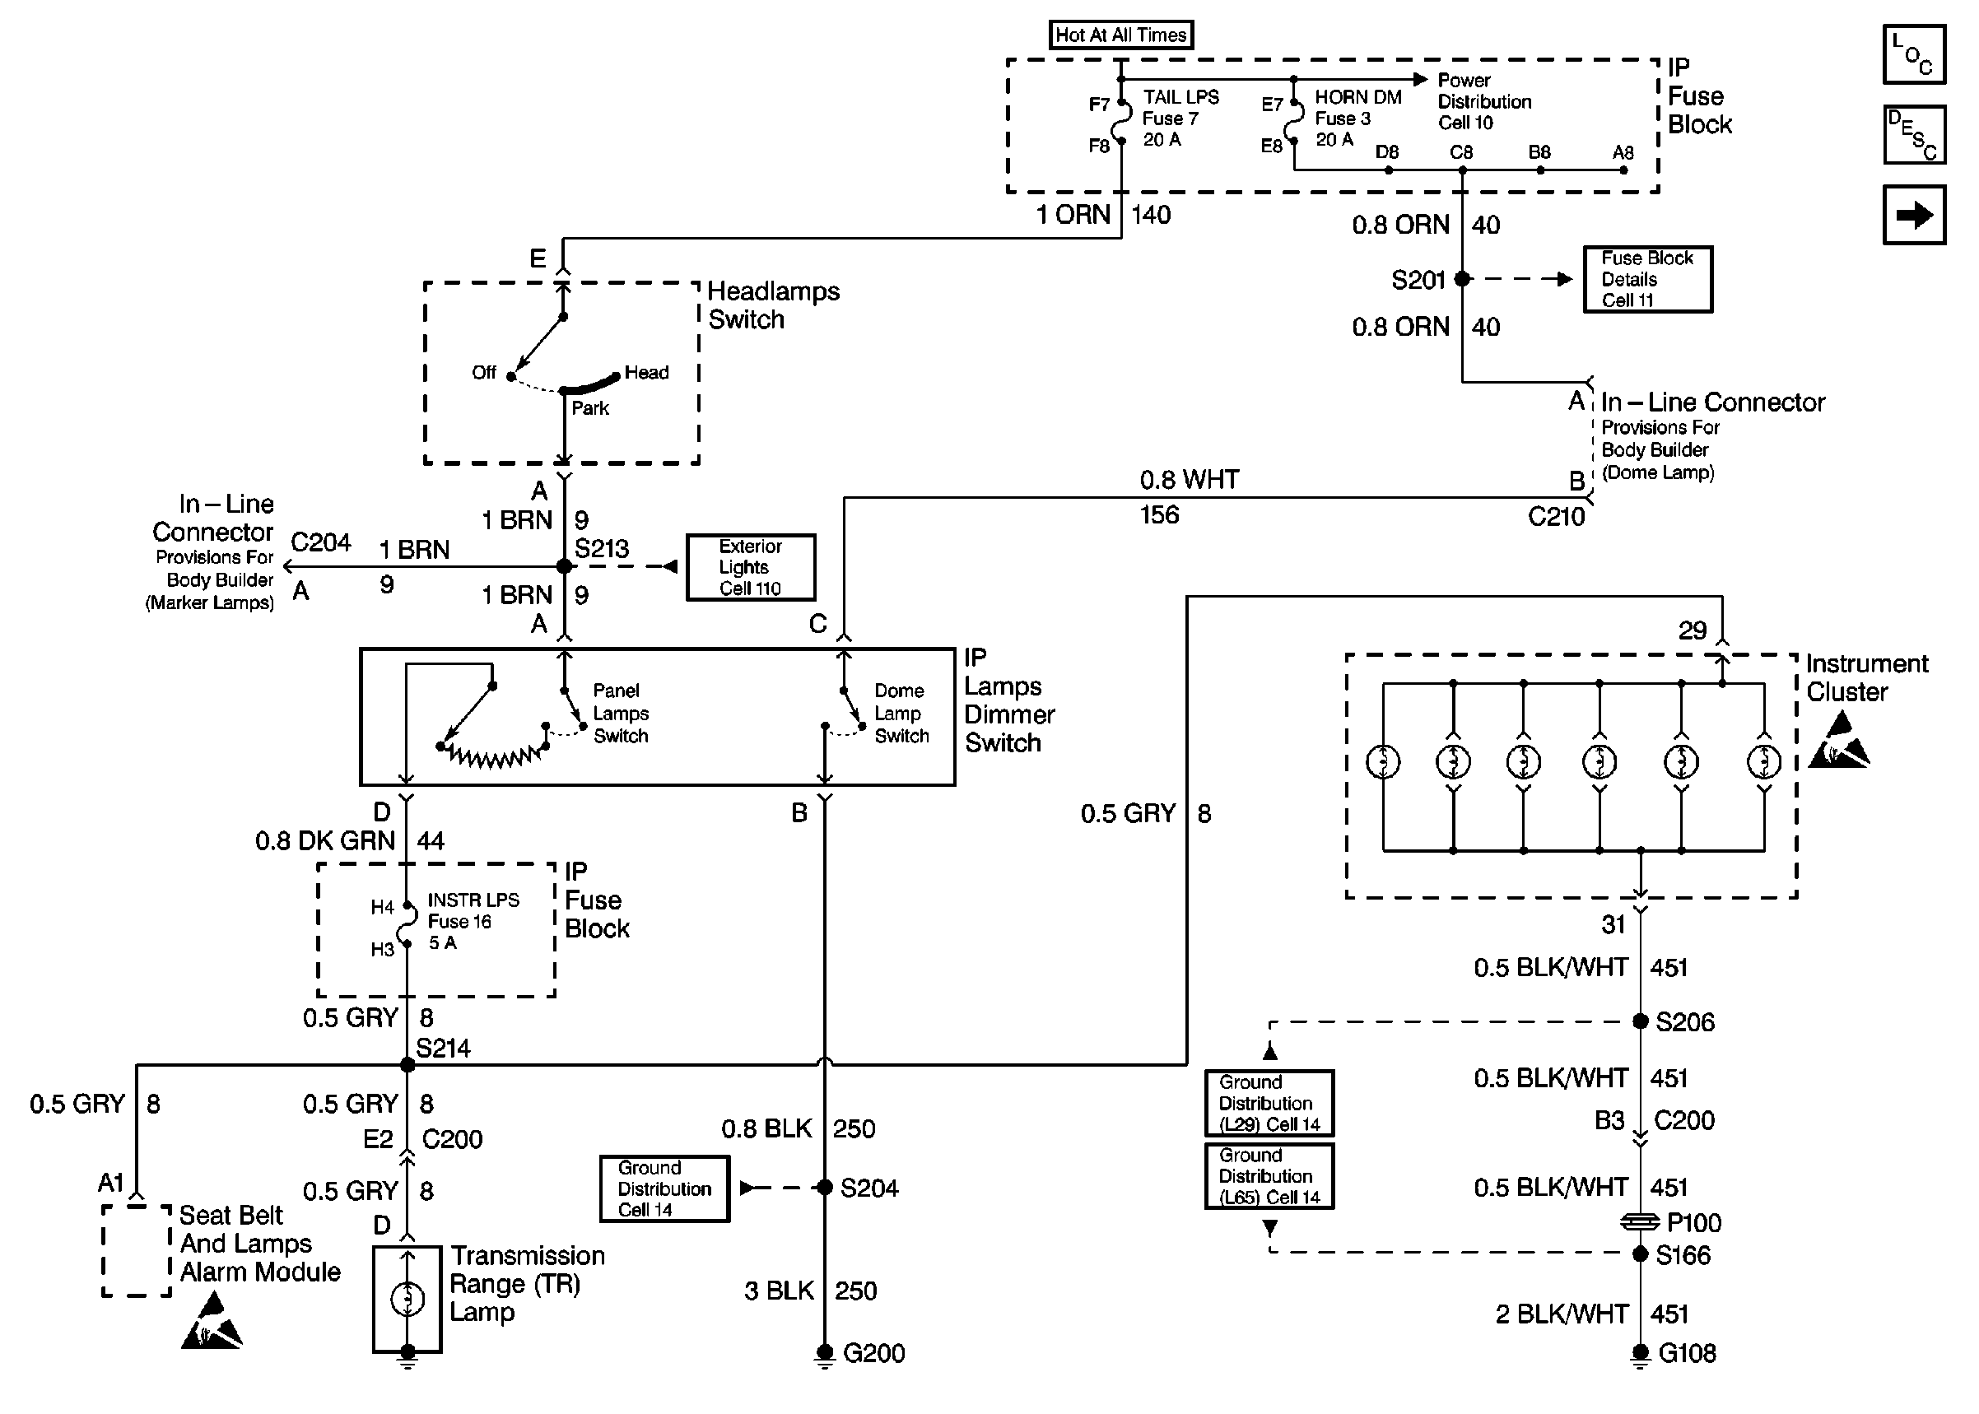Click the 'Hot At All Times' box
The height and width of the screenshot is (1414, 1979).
pyautogui.click(x=1120, y=35)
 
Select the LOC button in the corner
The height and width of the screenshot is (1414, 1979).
pyautogui.click(x=1914, y=54)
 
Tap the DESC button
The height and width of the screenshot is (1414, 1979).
pyautogui.click(x=1914, y=135)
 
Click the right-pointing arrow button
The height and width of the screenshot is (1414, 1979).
pyautogui.click(x=1914, y=215)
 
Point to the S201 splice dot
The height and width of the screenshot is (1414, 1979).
pyautogui.click(x=1463, y=279)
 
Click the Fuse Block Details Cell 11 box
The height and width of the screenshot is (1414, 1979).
pyautogui.click(x=1647, y=280)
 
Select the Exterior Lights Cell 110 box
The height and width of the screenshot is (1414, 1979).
pyautogui.click(x=751, y=568)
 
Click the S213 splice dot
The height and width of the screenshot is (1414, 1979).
pyautogui.click(x=564, y=567)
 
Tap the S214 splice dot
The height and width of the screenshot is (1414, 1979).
pyautogui.click(x=407, y=1065)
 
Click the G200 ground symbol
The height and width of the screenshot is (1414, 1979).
pyautogui.click(x=825, y=1354)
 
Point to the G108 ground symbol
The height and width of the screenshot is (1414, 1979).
pyautogui.click(x=1641, y=1354)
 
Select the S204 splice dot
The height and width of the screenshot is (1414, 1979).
pyautogui.click(x=825, y=1188)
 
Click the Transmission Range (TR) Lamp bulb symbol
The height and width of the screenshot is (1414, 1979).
pyautogui.click(x=407, y=1299)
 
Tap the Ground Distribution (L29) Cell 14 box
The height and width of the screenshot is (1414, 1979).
pyautogui.click(x=1269, y=1103)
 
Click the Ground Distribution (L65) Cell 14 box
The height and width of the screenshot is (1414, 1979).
pyautogui.click(x=1269, y=1176)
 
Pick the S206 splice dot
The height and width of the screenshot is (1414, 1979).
pyautogui.click(x=1641, y=1021)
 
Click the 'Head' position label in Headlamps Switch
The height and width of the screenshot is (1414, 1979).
pyautogui.click(x=646, y=373)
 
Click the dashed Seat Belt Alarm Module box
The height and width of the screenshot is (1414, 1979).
pyautogui.click(x=137, y=1251)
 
